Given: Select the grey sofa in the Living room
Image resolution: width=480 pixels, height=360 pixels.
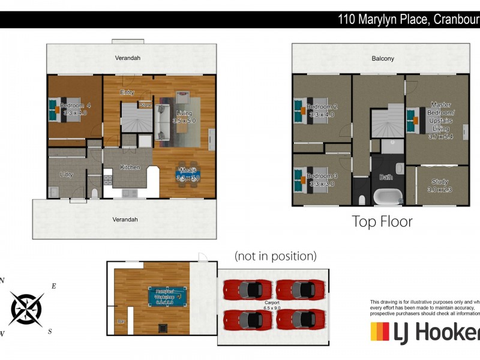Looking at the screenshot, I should point(163,122).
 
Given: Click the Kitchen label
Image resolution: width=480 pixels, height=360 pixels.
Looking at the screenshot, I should point(130,167).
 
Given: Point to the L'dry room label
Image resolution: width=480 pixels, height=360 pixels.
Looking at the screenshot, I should point(67,174).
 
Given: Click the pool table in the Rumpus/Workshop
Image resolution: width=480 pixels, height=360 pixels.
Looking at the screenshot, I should point(166,296).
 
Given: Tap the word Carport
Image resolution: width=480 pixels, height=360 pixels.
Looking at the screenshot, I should point(272,303).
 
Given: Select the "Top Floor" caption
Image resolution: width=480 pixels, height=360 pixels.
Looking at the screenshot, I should point(382,221).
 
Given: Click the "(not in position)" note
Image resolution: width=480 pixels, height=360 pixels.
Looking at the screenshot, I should point(275,256).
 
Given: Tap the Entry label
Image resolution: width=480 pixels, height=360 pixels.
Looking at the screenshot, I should point(127,92).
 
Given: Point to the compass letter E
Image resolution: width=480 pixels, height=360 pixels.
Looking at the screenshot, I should point(53,286).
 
